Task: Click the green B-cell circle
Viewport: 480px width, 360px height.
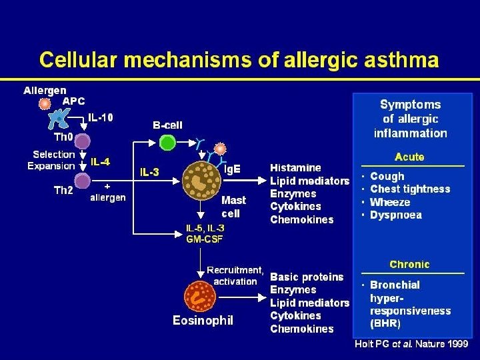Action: pyautogui.click(x=167, y=142)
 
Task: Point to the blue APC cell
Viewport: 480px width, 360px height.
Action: pyautogui.click(x=61, y=119)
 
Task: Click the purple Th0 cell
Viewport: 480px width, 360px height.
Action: pyautogui.click(x=82, y=141)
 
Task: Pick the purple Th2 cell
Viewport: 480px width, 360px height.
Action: pyautogui.click(x=82, y=181)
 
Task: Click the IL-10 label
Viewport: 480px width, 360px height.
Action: pyautogui.click(x=101, y=118)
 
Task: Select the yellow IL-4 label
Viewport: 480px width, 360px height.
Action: pyautogui.click(x=101, y=161)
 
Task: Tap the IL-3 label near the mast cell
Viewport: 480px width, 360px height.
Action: pyautogui.click(x=149, y=172)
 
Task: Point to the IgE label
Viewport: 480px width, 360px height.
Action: pyautogui.click(x=232, y=169)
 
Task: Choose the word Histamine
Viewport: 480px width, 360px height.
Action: pyautogui.click(x=295, y=167)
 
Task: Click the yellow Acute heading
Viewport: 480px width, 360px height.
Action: pyautogui.click(x=409, y=157)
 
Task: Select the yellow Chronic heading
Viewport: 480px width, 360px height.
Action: pyautogui.click(x=409, y=264)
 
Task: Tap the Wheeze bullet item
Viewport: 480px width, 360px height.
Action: pyautogui.click(x=390, y=202)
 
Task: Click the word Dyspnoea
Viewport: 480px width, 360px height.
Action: pyautogui.click(x=396, y=215)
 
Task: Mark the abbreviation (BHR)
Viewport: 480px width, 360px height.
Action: pyautogui.click(x=385, y=324)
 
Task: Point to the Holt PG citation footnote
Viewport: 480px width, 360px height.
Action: pyautogui.click(x=411, y=344)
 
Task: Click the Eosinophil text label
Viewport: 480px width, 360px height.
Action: pyautogui.click(x=203, y=321)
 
